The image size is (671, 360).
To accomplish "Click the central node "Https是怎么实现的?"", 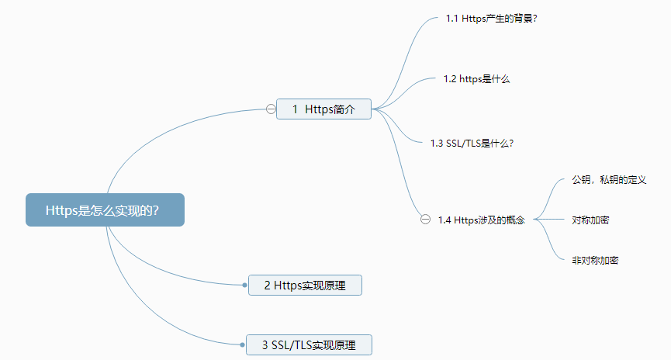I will (105, 210).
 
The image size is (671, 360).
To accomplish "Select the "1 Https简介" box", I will (324, 109).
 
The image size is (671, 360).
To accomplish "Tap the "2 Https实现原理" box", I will (305, 286).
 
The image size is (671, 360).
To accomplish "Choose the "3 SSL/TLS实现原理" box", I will (310, 344).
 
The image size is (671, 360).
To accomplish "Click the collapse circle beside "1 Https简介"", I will (271, 109).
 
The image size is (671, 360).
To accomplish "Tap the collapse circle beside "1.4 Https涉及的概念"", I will (425, 220).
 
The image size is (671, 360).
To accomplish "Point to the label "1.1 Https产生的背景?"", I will (492, 18).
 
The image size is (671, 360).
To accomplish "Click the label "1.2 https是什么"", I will (476, 79).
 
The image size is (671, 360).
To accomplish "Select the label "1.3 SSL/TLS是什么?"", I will (472, 143).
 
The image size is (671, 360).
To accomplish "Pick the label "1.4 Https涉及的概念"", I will (481, 220).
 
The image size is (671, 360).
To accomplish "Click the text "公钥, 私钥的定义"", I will (609, 180).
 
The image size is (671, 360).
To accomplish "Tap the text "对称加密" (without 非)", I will (590, 220).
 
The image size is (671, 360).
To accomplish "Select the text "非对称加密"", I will (595, 261).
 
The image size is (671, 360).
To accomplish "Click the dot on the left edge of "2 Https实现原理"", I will (245, 286).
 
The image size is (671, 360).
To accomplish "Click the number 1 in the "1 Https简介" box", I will (296, 110).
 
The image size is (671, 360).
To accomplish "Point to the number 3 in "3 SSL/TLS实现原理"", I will (265, 345).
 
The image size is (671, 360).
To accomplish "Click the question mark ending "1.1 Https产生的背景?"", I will (535, 18).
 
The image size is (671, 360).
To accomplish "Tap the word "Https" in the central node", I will (62, 210).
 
